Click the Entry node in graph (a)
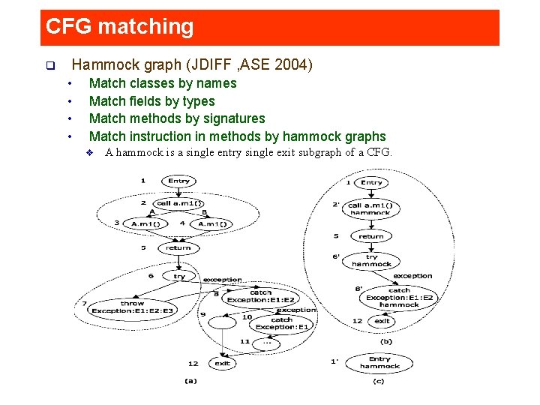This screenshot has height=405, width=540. point(178,181)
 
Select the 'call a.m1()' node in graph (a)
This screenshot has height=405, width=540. point(178,203)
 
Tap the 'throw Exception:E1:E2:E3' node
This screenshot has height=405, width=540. point(133,307)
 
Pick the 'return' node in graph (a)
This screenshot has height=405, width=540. point(178,247)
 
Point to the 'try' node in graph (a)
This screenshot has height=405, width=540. point(179,276)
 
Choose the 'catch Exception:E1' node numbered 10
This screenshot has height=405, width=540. point(281,323)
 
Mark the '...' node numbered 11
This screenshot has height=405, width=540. point(267,342)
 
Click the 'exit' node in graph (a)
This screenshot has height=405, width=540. point(222,363)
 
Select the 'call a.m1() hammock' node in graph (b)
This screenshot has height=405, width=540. point(370,208)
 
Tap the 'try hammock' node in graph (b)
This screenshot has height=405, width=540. point(371,260)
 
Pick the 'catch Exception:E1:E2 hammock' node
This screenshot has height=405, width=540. point(399,297)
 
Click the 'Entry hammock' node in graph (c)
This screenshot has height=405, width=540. point(379,362)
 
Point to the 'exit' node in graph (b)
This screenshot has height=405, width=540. point(382,321)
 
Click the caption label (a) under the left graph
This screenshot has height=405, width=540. point(190,380)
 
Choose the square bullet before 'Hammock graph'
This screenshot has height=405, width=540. point(49,66)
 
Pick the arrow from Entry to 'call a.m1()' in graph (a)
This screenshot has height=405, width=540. point(178,192)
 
